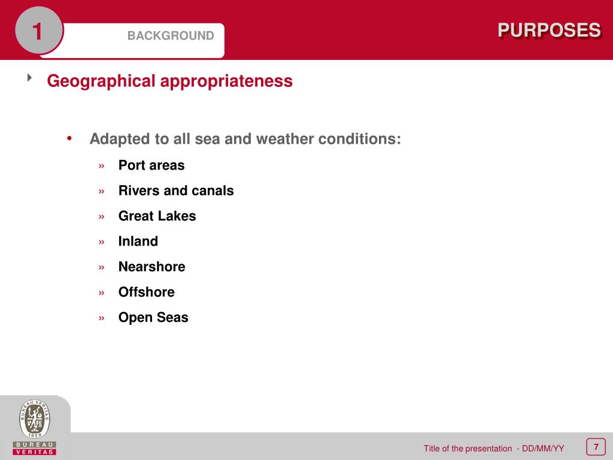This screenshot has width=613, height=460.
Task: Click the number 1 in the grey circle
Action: tap(38, 31)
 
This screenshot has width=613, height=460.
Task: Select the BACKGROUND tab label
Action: tap(170, 36)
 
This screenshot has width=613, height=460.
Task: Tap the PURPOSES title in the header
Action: tap(549, 30)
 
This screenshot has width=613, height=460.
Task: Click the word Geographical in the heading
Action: tap(101, 81)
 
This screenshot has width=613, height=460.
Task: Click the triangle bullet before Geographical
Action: tap(30, 78)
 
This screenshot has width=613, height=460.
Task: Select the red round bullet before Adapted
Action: tap(69, 138)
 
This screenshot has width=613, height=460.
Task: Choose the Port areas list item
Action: tap(151, 165)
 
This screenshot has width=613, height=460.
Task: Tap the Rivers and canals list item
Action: tap(176, 190)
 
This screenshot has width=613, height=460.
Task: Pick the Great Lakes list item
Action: tap(157, 216)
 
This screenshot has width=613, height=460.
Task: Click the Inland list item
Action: tap(138, 241)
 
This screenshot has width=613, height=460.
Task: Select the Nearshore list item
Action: tap(151, 267)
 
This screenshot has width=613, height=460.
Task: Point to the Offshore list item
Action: tap(147, 292)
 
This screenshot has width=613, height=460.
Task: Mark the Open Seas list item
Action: tap(153, 317)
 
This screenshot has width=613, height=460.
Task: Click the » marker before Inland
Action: tap(102, 242)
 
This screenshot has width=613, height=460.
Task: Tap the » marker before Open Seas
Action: tap(102, 318)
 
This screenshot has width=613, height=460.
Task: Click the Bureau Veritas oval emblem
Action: tap(35, 419)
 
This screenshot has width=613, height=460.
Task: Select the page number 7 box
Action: tap(596, 447)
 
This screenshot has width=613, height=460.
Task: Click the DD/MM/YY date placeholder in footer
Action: tap(542, 449)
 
